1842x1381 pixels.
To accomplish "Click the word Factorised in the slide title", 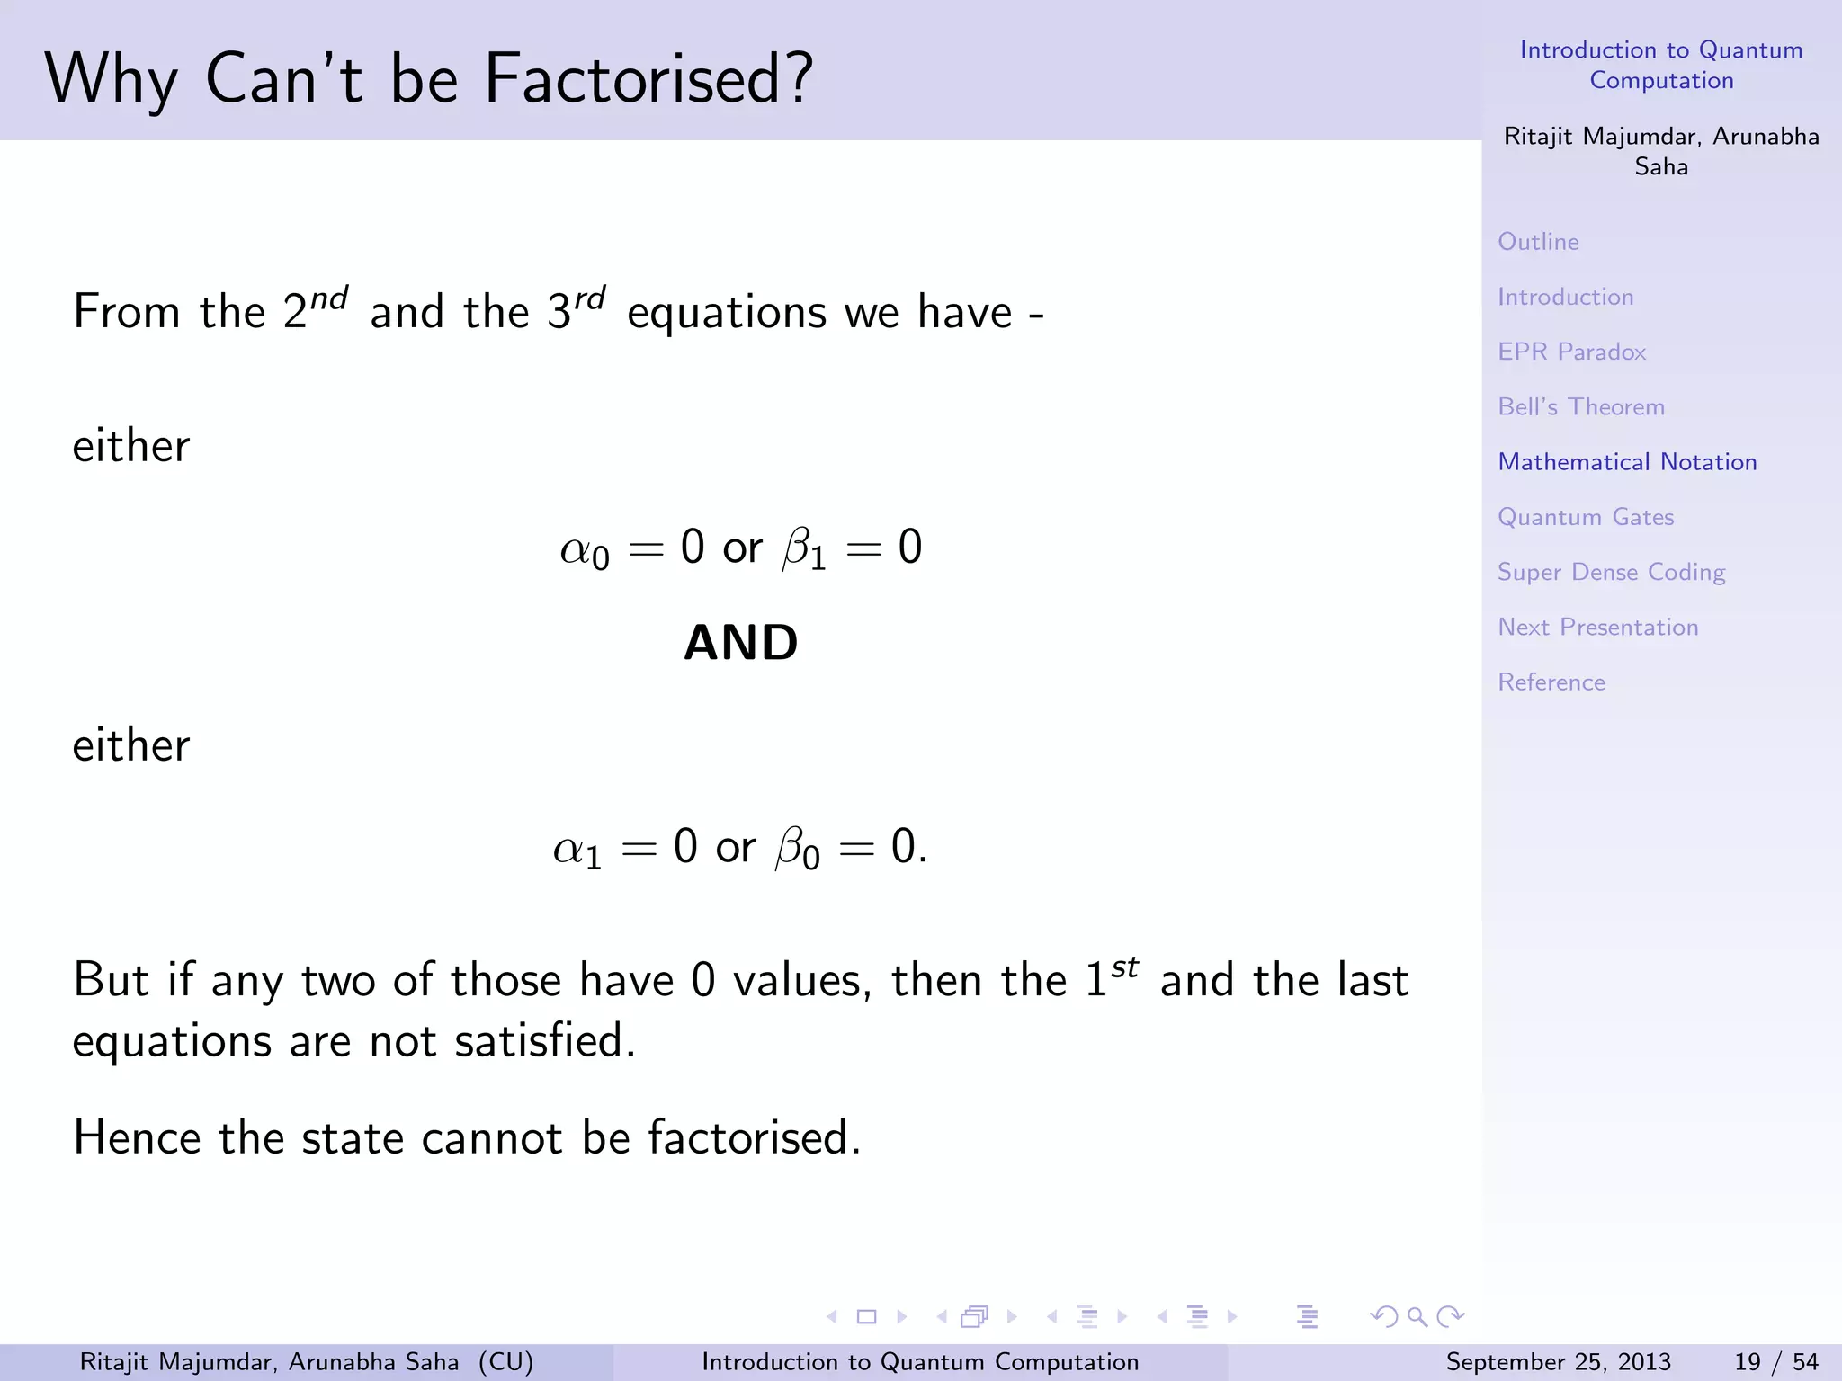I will [648, 79].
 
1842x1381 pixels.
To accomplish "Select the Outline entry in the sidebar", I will [1538, 242].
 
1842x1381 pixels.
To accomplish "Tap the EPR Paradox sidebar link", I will [1571, 352].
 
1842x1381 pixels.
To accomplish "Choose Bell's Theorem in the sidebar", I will [1580, 406].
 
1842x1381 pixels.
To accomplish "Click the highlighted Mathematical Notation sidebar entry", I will [1627, 462].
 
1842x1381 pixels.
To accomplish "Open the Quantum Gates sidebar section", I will [1586, 517].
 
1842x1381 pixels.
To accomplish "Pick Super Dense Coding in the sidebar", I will [1611, 573].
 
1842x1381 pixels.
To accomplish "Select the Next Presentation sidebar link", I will [1597, 627].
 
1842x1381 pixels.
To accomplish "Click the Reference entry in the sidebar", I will [1551, 682].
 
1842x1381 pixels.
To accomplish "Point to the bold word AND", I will [740, 643].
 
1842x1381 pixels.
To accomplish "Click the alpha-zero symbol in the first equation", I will [585, 549].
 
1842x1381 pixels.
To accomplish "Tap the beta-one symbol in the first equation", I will [804, 549].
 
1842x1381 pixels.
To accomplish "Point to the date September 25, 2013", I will [1558, 1362].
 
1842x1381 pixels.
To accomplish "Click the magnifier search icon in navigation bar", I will [1417, 1317].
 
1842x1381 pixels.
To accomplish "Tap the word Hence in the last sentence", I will [136, 1137].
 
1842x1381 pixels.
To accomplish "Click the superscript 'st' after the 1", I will [1125, 967].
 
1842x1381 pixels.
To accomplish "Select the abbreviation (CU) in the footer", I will [505, 1362].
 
